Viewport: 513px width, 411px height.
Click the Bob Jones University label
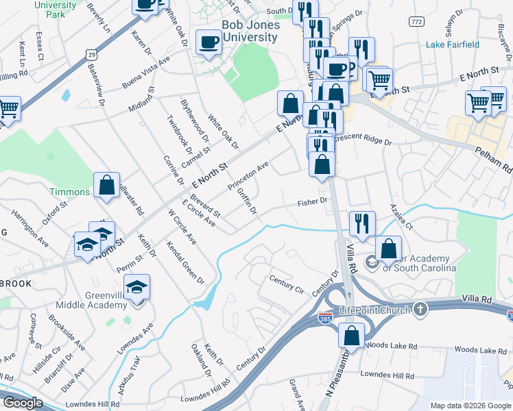pos(239,30)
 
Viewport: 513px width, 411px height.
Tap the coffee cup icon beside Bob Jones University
pos(208,42)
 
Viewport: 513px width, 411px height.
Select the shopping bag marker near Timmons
pos(107,185)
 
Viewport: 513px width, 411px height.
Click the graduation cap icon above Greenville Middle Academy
pos(137,287)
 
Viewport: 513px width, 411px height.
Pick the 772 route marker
pos(415,23)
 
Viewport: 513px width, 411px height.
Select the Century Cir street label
pos(286,284)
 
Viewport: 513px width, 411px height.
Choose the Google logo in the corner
pos(23,403)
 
